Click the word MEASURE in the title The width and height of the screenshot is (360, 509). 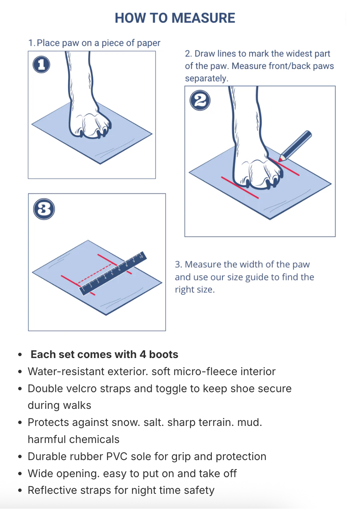(203, 18)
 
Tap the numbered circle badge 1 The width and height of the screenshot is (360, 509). (41, 64)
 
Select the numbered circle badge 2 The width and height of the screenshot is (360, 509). (200, 101)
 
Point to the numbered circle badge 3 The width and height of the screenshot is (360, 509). (44, 209)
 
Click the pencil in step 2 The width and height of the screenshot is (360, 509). (295, 146)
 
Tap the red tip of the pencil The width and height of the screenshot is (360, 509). (280, 160)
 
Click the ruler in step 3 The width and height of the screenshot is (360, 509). (113, 273)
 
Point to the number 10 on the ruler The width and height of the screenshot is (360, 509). (141, 256)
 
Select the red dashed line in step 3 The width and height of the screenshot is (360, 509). (94, 273)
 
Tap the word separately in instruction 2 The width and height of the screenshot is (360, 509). (207, 79)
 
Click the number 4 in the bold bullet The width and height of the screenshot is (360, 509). (142, 355)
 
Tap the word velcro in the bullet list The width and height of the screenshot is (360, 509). (81, 388)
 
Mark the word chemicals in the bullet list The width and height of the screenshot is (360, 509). (94, 439)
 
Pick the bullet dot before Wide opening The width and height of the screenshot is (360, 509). (20, 474)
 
